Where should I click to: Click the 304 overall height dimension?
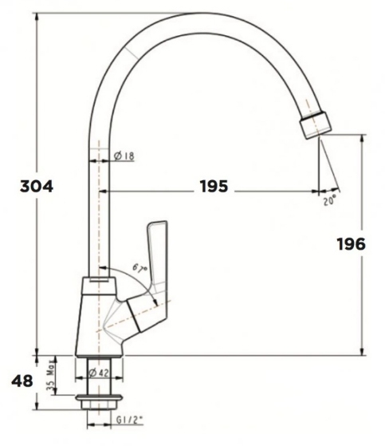36,187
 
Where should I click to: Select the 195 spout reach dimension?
213,187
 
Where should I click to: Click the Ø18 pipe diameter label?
124,156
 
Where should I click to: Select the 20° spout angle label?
330,202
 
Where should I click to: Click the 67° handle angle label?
140,274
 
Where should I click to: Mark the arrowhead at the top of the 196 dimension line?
363,138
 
